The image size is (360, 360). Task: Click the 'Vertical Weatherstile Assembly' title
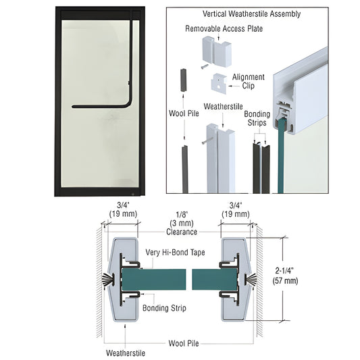tap(251, 14)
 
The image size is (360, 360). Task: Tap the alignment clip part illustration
tap(220, 83)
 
